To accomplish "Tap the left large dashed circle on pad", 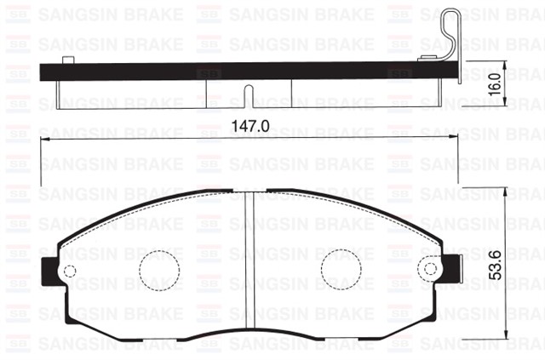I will [x=159, y=270].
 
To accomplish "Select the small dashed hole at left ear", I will [x=70, y=271].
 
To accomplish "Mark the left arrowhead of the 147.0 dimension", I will [x=44, y=140].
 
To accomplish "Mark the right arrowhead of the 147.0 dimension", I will [x=456, y=140].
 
